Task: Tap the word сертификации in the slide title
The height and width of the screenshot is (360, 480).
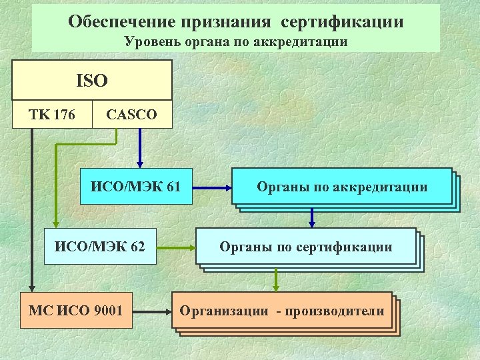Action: [342, 21]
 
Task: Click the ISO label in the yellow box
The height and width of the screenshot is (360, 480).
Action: [92, 81]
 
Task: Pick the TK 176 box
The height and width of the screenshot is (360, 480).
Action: [52, 115]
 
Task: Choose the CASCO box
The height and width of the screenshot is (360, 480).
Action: [132, 115]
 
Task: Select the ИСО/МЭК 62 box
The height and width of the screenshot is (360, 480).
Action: [100, 247]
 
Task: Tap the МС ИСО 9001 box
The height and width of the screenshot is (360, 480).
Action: [76, 311]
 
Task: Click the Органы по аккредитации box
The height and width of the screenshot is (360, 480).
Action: [342, 187]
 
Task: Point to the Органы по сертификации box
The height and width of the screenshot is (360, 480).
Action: [306, 247]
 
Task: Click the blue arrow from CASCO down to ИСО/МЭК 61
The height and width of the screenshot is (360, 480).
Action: [140, 148]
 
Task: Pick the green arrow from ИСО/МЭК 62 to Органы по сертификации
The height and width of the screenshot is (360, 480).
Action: [176, 247]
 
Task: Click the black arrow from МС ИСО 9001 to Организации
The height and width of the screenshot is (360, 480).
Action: [152, 311]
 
